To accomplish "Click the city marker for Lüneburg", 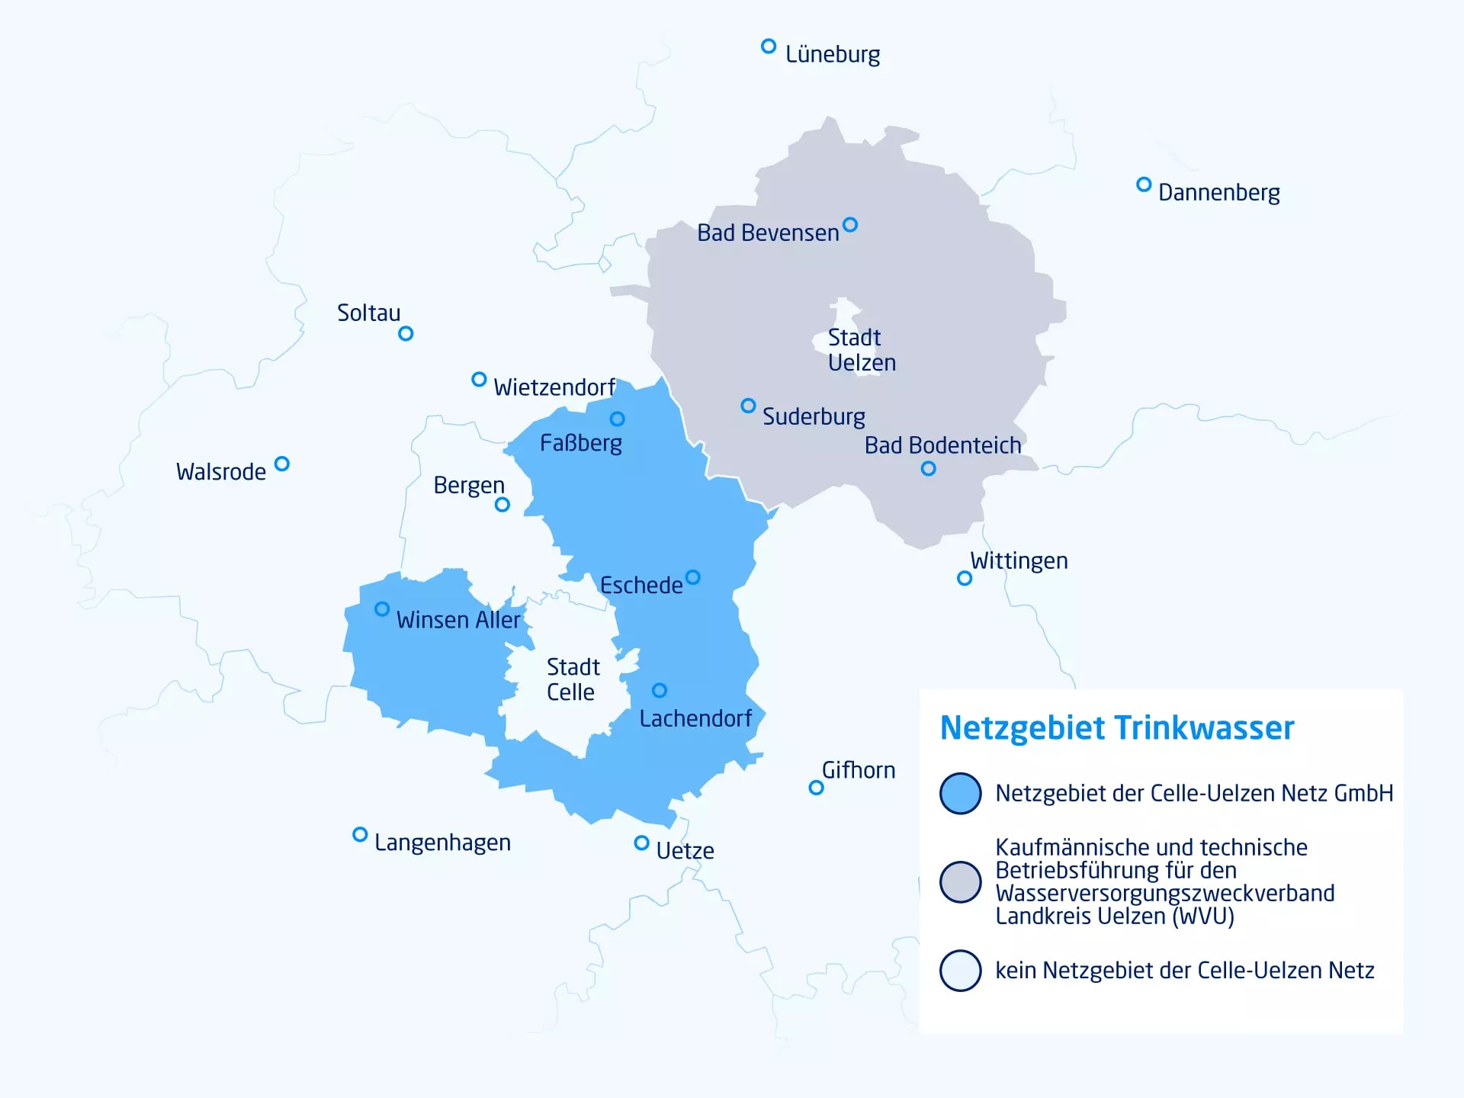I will coord(769,47).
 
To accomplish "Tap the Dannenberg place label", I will coord(1218,192).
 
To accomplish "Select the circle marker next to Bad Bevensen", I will coord(850,225).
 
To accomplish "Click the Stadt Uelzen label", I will coord(862,350).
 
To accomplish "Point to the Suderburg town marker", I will coord(748,406).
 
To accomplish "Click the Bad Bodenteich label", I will coord(942,445).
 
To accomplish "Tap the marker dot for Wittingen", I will coord(965,578).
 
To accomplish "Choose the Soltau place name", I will coord(368,313).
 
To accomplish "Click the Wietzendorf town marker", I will coord(479,379).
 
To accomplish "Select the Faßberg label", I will coord(581,443).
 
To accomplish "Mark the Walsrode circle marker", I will coord(282,464).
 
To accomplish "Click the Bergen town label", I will coord(469,485).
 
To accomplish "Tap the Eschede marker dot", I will coord(692,577).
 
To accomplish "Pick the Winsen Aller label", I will coord(458,620).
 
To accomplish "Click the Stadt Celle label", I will coord(573,679).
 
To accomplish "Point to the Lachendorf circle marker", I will coord(660,690).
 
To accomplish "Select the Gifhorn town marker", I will coord(816,788).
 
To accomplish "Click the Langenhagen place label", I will coord(442,843).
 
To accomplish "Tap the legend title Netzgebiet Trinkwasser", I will coord(1117,728).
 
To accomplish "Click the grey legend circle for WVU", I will coord(960,882).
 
